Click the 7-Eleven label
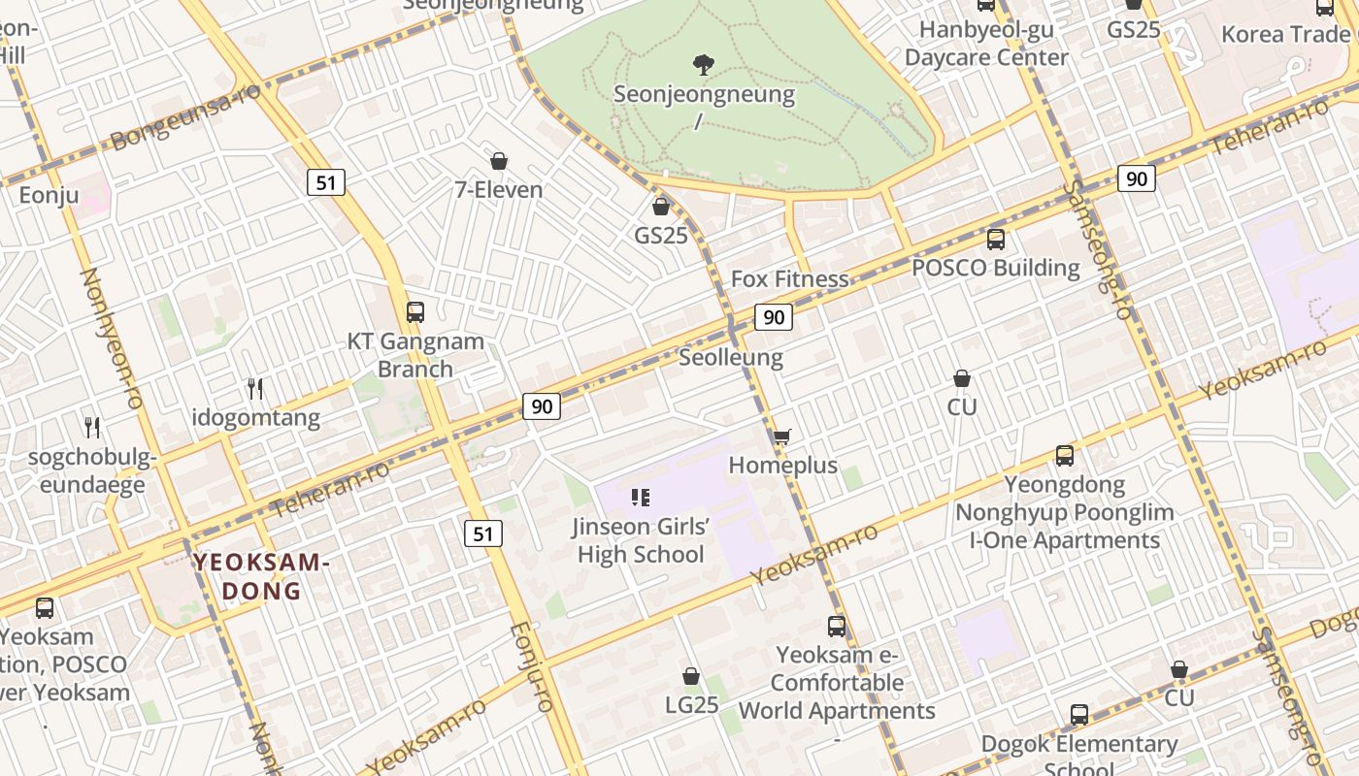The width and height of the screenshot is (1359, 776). point(499,189)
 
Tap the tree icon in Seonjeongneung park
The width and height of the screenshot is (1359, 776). point(704,65)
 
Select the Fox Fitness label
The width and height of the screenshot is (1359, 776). point(789,279)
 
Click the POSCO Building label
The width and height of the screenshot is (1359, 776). point(996,268)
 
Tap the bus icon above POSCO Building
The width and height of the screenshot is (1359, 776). point(996,240)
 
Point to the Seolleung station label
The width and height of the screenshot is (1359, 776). point(731,357)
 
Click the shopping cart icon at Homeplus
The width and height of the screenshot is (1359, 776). point(781,437)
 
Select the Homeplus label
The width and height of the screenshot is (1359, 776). point(782,466)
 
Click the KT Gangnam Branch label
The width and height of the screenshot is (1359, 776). point(415,355)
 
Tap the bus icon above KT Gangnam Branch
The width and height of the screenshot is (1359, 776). point(415,312)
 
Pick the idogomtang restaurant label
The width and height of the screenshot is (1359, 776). point(256,418)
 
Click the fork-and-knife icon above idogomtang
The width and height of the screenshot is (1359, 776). point(256,389)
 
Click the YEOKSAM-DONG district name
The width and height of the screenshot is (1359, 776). point(262,576)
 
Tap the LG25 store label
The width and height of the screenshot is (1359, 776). point(692,704)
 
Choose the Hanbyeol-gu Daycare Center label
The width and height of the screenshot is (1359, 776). point(986,43)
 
